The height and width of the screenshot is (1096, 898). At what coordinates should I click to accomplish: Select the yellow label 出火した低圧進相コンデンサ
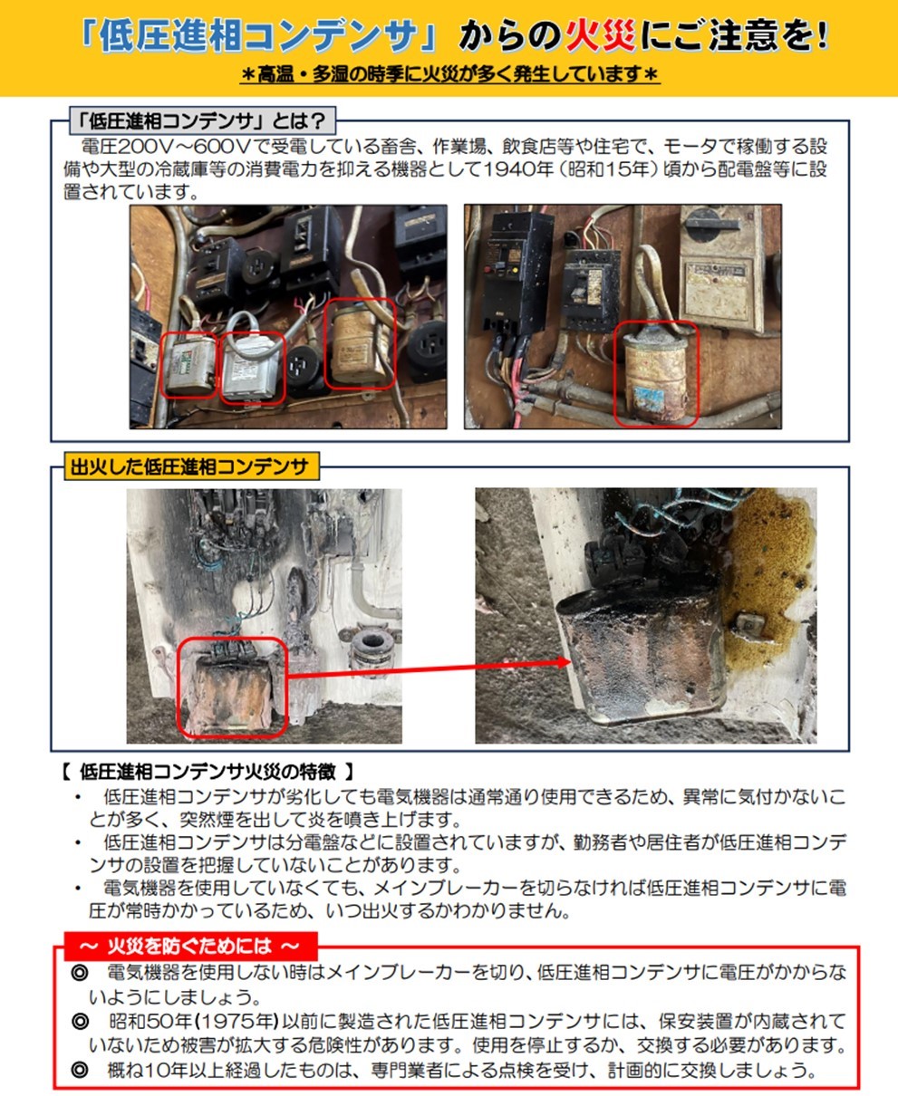tap(191, 467)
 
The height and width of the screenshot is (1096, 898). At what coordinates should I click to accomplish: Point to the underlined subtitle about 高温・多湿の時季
tap(449, 75)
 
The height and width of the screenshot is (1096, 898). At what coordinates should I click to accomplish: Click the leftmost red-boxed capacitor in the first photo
tap(190, 364)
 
